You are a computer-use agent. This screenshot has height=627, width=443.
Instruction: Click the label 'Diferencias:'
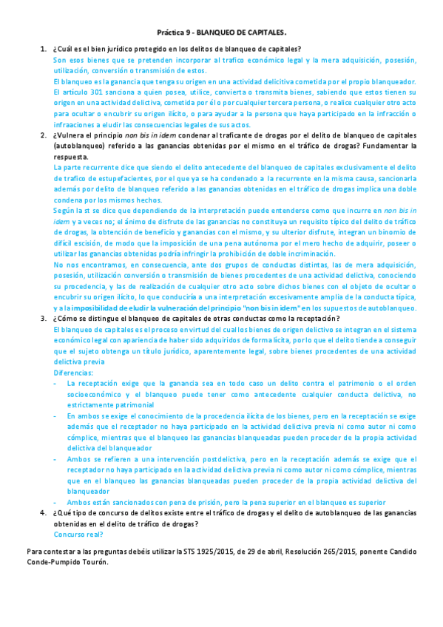[73, 373]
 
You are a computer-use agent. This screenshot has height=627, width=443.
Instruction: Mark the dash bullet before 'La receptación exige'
[57, 384]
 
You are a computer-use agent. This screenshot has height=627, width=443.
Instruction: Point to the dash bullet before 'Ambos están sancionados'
[57, 502]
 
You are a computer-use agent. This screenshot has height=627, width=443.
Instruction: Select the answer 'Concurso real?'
[78, 534]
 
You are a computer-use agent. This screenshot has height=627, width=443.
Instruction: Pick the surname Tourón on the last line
[93, 561]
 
